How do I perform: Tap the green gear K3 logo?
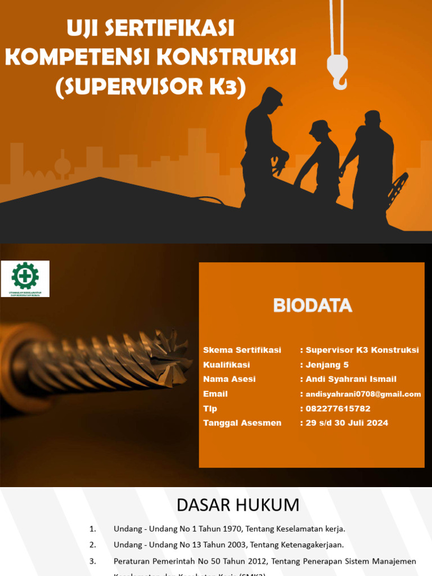[25, 275]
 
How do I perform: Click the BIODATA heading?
[312, 305]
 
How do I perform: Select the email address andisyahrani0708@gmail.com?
[363, 394]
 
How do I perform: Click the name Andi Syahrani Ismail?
[350, 379]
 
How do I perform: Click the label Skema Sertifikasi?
[242, 350]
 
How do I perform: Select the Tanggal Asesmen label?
[242, 423]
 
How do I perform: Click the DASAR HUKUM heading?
[238, 505]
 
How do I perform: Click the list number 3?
[93, 561]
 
